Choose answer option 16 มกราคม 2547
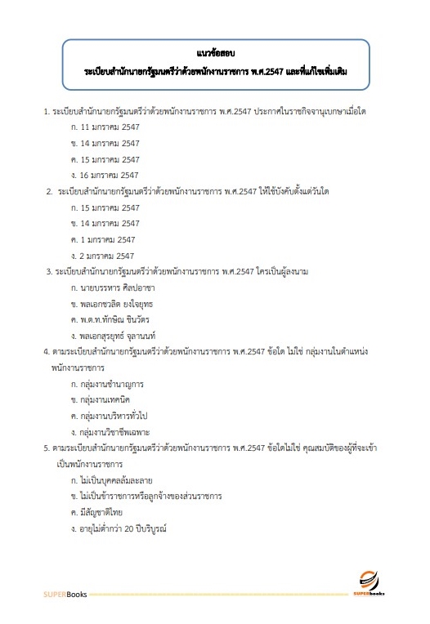(115, 175)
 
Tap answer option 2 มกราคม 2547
(113, 255)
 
